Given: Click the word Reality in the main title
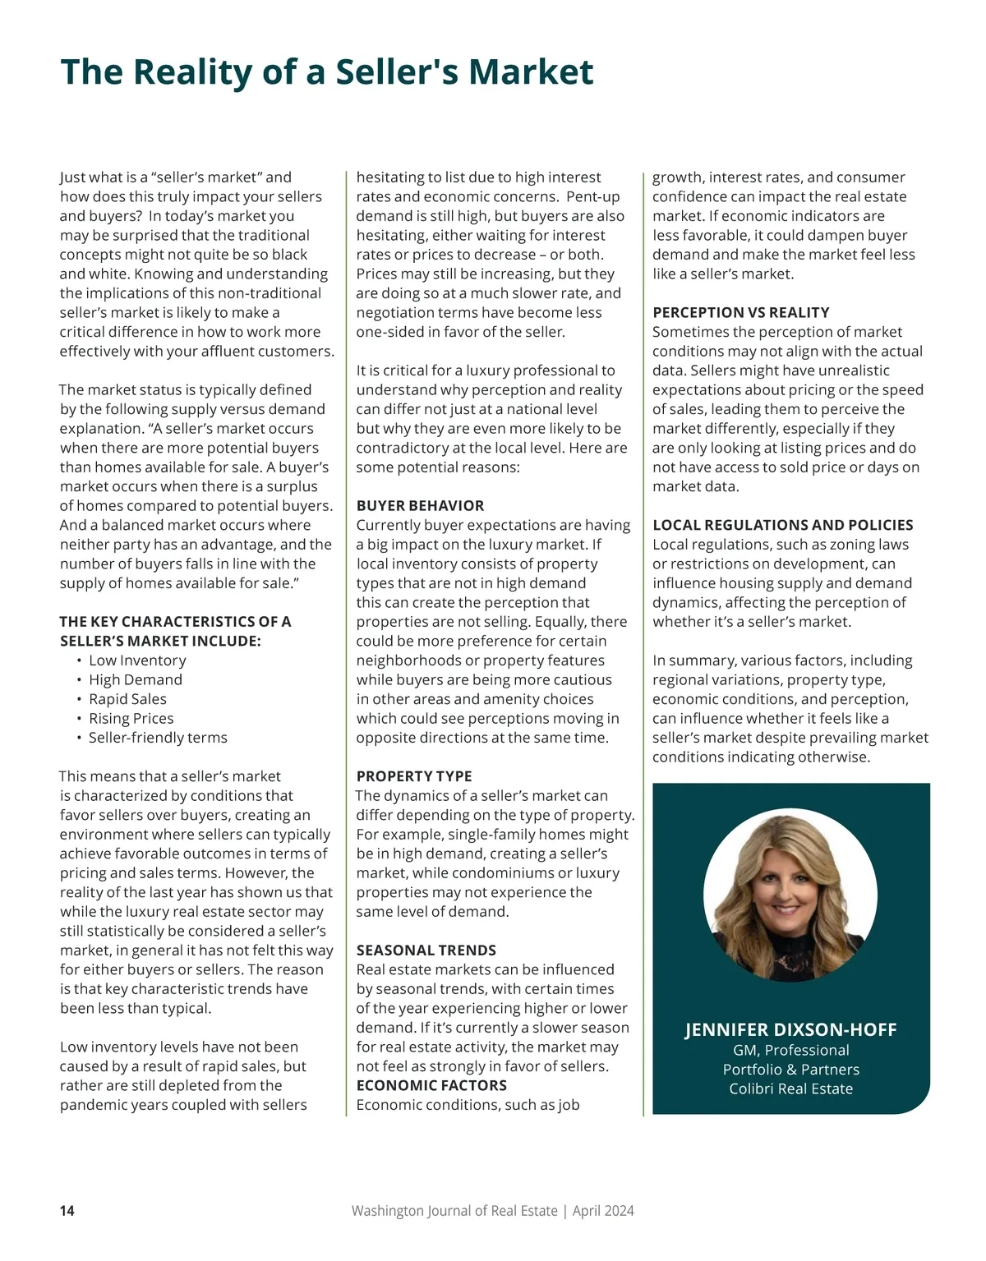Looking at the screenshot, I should [x=192, y=72].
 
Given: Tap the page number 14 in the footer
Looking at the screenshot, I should [x=67, y=1211].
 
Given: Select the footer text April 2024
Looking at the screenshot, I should [x=603, y=1211].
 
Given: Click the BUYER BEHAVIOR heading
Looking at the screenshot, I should [x=420, y=506].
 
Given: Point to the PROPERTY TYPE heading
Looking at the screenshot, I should [x=414, y=776].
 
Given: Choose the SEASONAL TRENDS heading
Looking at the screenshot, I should [x=426, y=950].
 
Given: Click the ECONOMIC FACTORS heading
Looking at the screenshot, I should [x=431, y=1085].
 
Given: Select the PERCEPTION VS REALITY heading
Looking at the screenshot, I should [x=740, y=313].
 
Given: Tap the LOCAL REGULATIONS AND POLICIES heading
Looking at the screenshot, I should [x=782, y=525].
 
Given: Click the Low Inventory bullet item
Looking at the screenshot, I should [x=137, y=660].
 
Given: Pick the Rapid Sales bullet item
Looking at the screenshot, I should [x=127, y=699].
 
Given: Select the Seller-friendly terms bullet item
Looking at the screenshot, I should [x=158, y=738].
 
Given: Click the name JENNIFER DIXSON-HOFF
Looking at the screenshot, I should [x=790, y=1030].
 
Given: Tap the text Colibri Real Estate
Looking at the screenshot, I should [x=790, y=1089].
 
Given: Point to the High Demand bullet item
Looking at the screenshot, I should [x=136, y=680].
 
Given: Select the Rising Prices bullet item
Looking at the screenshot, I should [x=131, y=719].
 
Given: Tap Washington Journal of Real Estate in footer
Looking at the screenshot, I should [x=454, y=1211].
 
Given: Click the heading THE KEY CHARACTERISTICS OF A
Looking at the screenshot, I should [x=175, y=622].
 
